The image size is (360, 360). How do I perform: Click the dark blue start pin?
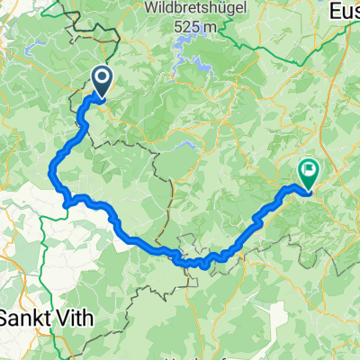[x=100, y=83]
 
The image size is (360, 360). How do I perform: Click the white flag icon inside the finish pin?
[x=309, y=167]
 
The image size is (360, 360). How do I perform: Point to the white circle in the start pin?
[x=100, y=78]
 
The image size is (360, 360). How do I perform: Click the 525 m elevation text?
[x=200, y=28]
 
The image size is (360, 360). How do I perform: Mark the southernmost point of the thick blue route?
[x=206, y=265]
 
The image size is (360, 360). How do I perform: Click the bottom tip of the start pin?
[x=100, y=97]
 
